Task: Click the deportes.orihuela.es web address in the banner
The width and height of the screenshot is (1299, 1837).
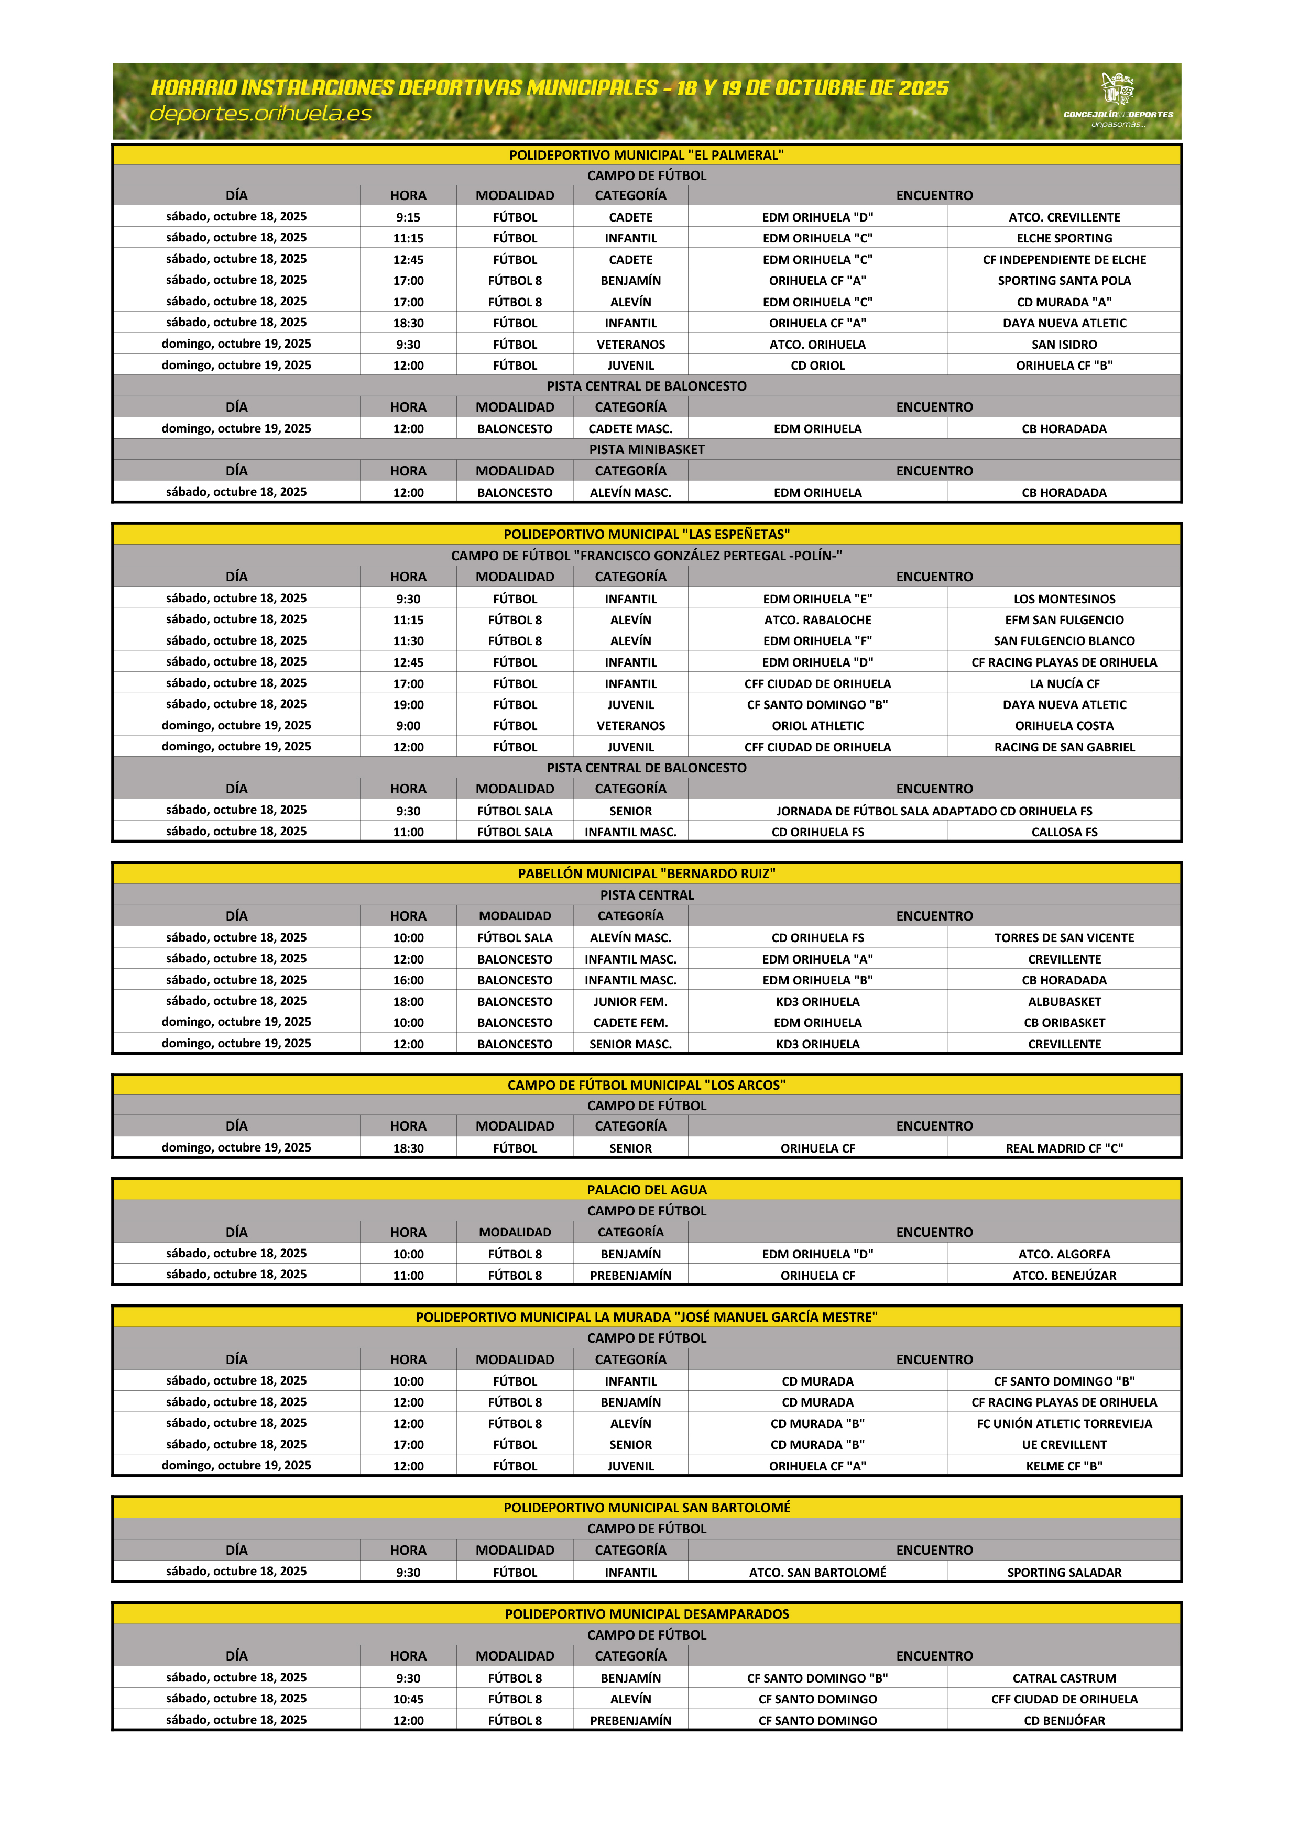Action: [261, 114]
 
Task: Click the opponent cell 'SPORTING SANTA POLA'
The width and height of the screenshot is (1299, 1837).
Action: [1064, 281]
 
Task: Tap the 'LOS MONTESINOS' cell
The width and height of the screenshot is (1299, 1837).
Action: [1064, 599]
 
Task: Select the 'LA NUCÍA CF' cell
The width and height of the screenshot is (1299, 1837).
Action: [1064, 684]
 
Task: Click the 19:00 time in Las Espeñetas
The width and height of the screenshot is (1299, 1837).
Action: [408, 705]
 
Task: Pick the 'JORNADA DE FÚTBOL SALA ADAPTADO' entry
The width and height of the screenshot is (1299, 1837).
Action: [933, 811]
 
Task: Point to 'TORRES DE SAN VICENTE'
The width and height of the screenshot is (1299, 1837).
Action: [1064, 938]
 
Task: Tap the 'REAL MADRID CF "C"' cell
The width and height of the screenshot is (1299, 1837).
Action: [1064, 1148]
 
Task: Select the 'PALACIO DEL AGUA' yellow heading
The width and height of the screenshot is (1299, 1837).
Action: [647, 1190]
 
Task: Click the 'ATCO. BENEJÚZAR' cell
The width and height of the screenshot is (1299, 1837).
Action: [1064, 1275]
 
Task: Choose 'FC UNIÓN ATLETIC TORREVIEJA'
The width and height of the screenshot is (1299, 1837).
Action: [1064, 1423]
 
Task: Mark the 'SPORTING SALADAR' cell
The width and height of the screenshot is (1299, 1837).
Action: [1064, 1572]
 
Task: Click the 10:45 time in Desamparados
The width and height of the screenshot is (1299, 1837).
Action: [408, 1699]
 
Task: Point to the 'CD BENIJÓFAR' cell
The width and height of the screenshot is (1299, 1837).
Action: [1064, 1720]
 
